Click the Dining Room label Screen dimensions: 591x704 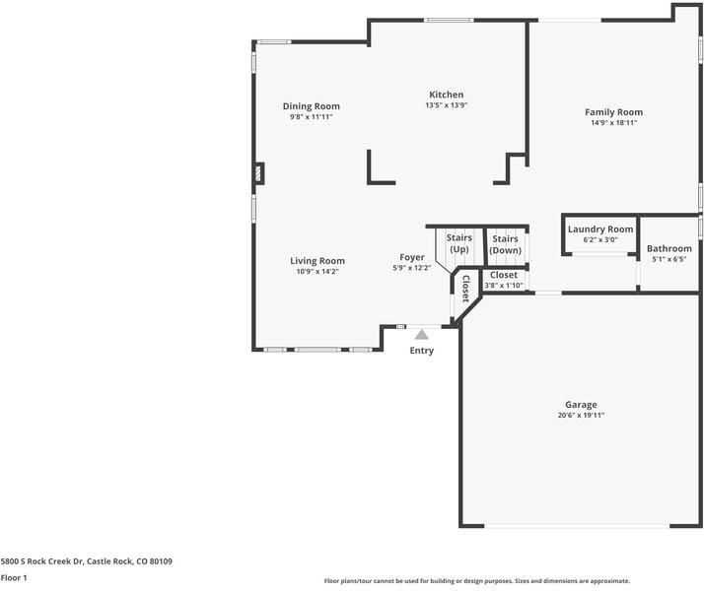[x=311, y=106]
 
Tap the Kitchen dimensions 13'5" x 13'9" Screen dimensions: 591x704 [x=446, y=105]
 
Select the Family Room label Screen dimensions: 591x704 [x=613, y=112]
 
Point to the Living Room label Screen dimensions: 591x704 [x=317, y=261]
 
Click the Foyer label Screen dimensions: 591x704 [x=411, y=257]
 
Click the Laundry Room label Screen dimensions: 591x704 [x=599, y=230]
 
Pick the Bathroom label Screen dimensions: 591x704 [x=669, y=248]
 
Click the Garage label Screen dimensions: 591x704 [x=581, y=404]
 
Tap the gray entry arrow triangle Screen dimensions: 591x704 [x=421, y=335]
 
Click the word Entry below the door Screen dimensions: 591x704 [x=421, y=351]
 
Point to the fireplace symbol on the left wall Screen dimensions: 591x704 [x=259, y=173]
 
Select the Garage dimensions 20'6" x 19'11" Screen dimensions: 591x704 [x=581, y=416]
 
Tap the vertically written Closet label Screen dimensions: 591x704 [x=464, y=288]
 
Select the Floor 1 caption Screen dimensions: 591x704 [x=13, y=578]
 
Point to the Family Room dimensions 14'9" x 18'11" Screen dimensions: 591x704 [x=613, y=123]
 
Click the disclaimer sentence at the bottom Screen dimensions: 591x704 [x=476, y=581]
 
